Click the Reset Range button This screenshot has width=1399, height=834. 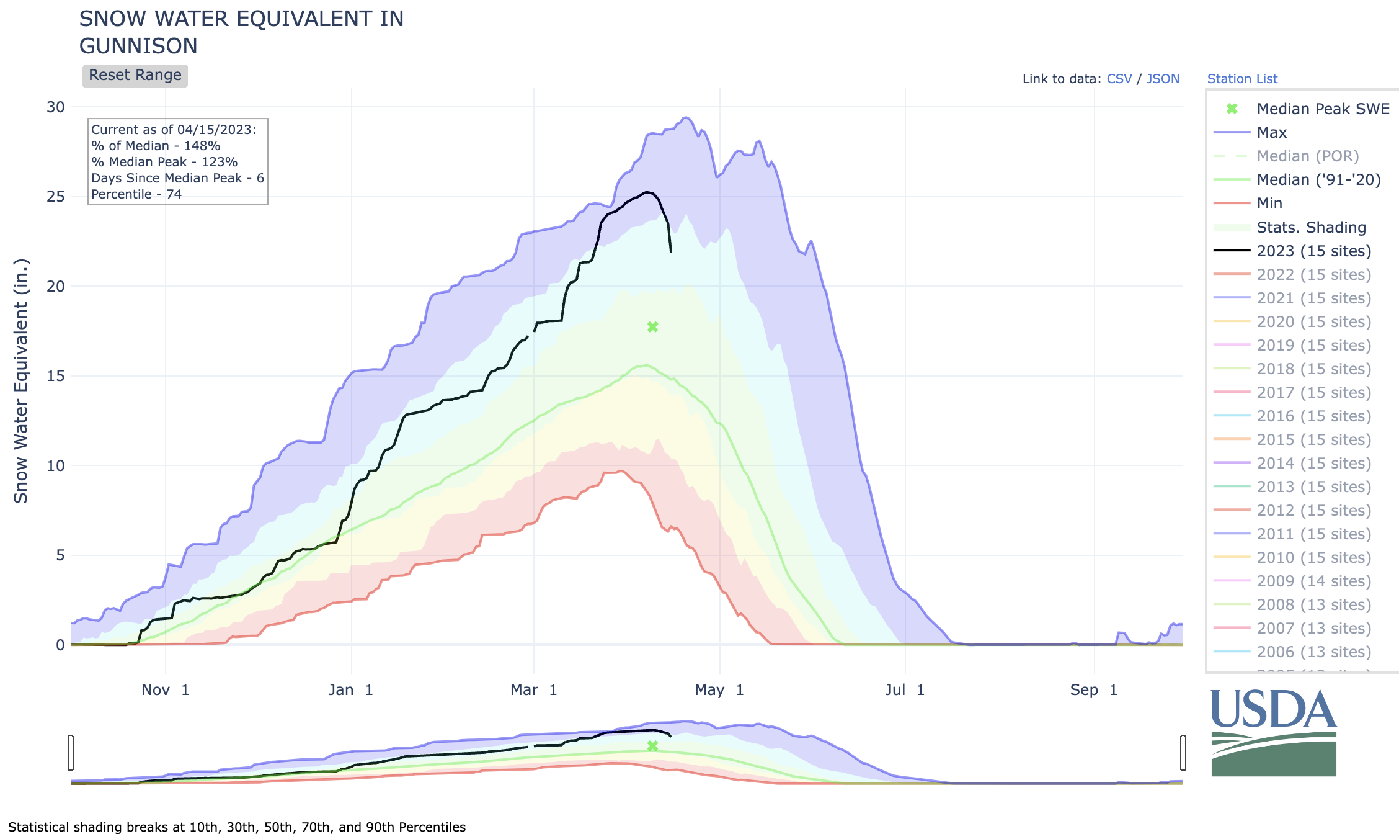[x=135, y=76]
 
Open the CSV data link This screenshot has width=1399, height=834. [x=1119, y=79]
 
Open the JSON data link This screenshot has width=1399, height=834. [x=1163, y=79]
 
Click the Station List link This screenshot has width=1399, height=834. [x=1242, y=79]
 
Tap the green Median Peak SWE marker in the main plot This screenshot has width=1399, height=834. [x=652, y=327]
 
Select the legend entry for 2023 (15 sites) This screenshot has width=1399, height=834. [x=1313, y=251]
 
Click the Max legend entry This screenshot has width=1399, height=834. [x=1271, y=132]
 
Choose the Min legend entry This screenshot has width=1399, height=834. [x=1269, y=203]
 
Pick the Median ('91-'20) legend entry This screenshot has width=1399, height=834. [x=1318, y=179]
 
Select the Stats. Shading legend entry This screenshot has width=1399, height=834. [x=1311, y=227]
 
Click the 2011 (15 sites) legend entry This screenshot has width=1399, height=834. [x=1313, y=534]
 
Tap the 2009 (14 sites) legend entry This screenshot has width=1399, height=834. [x=1313, y=581]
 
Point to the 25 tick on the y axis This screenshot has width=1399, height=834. [x=56, y=197]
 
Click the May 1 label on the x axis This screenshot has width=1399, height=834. [x=719, y=690]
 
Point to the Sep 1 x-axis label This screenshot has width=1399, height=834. [x=1094, y=690]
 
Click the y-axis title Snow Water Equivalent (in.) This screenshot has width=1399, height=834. [x=21, y=381]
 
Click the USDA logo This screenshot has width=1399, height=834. [x=1274, y=732]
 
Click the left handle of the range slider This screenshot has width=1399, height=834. [x=71, y=753]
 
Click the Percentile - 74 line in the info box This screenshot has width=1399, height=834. [x=136, y=194]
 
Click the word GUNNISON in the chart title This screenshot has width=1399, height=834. [x=138, y=46]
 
